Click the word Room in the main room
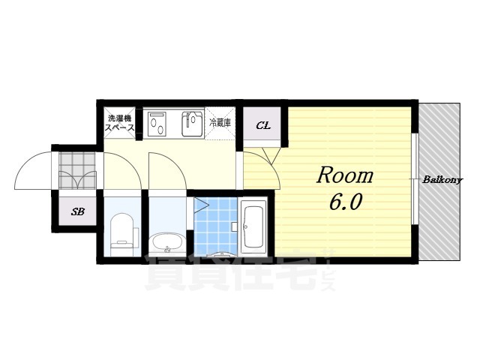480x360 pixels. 345,176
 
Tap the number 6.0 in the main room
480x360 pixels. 346,201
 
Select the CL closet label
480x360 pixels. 263,125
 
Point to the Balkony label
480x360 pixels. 442,180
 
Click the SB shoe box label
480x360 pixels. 78,211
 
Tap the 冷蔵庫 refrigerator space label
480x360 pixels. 220,123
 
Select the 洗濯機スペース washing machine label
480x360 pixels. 119,123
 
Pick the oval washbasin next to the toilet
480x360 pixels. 167,243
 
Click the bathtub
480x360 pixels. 253,226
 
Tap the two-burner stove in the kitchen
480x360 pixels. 157,124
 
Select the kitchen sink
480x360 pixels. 192,124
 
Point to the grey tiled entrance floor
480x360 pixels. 77,171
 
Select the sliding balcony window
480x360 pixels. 414,179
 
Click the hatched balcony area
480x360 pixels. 439,182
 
